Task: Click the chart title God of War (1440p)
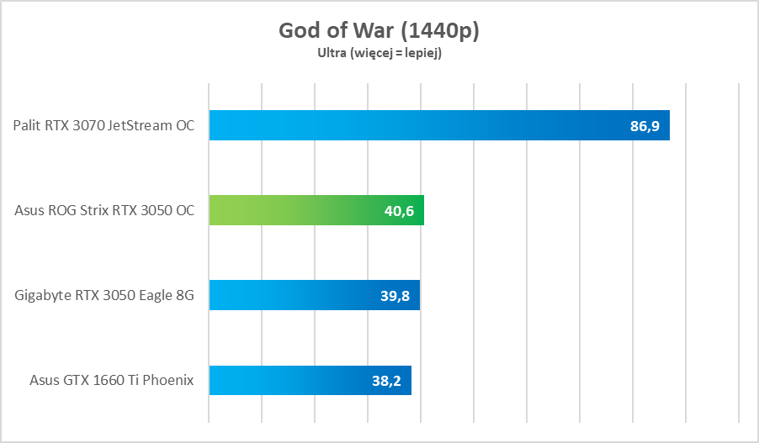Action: click(379, 31)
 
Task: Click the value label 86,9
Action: click(645, 126)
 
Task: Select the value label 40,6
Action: click(399, 211)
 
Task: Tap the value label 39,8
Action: click(395, 296)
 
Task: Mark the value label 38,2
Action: click(386, 381)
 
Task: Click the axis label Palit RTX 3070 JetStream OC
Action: click(103, 126)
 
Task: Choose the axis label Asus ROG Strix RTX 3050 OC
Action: click(104, 211)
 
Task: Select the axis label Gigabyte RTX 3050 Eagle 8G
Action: click(104, 296)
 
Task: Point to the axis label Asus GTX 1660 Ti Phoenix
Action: click(111, 381)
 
